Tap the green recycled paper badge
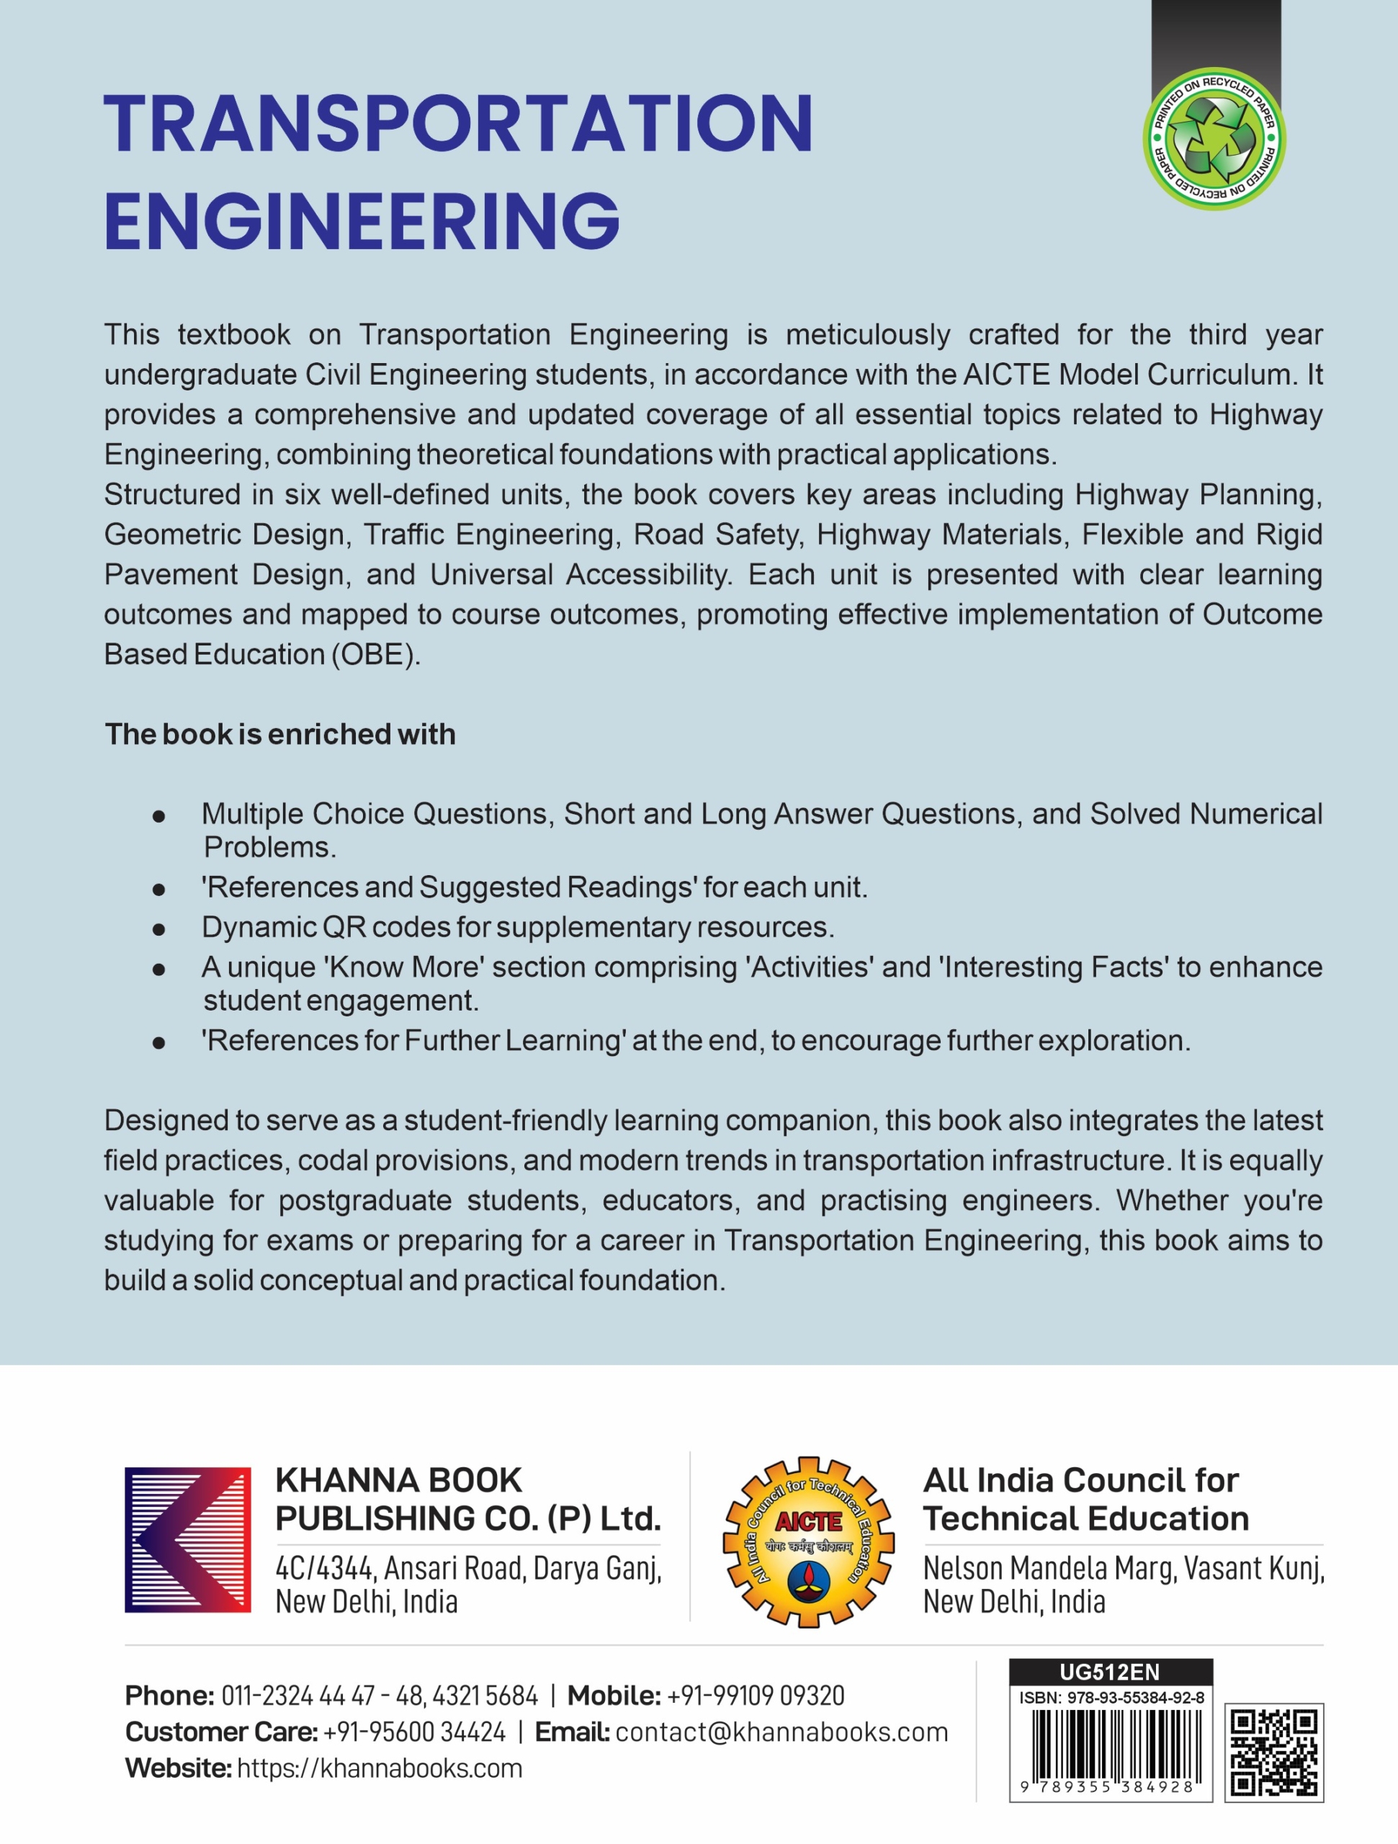pos(1214,139)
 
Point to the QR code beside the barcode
pos(1274,1753)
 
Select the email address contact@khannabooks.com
pos(781,1732)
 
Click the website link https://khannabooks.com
pos(380,1768)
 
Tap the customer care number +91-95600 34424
pos(414,1732)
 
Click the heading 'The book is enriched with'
pos(280,735)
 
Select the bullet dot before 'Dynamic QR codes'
pos(158,928)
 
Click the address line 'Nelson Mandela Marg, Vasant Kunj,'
pos(1123,1568)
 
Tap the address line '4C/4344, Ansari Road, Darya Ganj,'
pos(467,1568)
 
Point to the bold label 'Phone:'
pos(170,1696)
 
